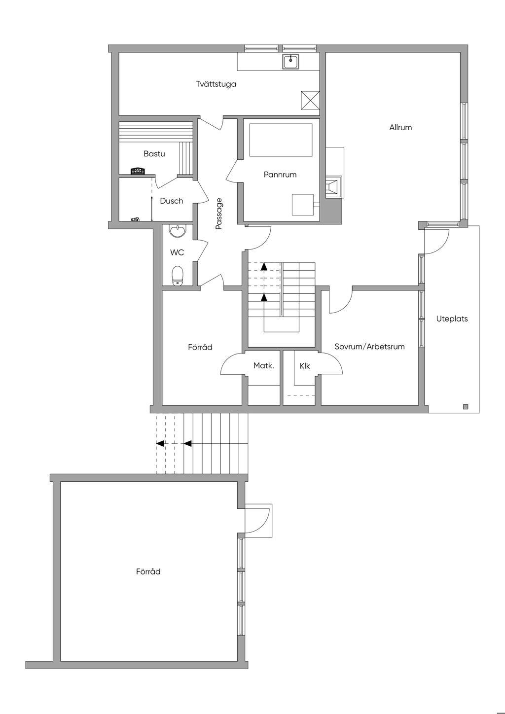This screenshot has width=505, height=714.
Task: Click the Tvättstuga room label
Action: click(x=216, y=84)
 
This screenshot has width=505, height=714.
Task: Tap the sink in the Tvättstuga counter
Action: click(x=290, y=62)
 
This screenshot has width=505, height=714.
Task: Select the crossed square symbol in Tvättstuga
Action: click(x=310, y=101)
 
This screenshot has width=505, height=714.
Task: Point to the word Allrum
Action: click(x=400, y=127)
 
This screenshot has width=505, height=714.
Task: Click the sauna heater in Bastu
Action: click(x=138, y=171)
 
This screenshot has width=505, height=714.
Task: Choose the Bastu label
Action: click(x=154, y=154)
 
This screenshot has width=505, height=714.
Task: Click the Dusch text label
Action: click(x=171, y=201)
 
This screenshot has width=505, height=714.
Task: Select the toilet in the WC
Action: click(x=178, y=275)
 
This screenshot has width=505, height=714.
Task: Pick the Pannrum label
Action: click(x=280, y=175)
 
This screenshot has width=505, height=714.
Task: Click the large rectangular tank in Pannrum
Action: click(x=281, y=140)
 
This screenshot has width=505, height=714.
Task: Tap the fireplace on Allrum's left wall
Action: click(x=333, y=186)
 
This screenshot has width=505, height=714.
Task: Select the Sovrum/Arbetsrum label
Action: click(x=369, y=347)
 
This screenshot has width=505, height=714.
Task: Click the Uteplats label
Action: click(x=452, y=319)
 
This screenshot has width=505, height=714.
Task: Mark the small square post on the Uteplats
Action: click(x=465, y=407)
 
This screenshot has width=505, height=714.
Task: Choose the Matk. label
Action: click(x=263, y=365)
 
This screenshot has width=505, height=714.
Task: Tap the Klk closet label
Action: click(x=304, y=366)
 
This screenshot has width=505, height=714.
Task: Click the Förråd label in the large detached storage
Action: click(x=148, y=571)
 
